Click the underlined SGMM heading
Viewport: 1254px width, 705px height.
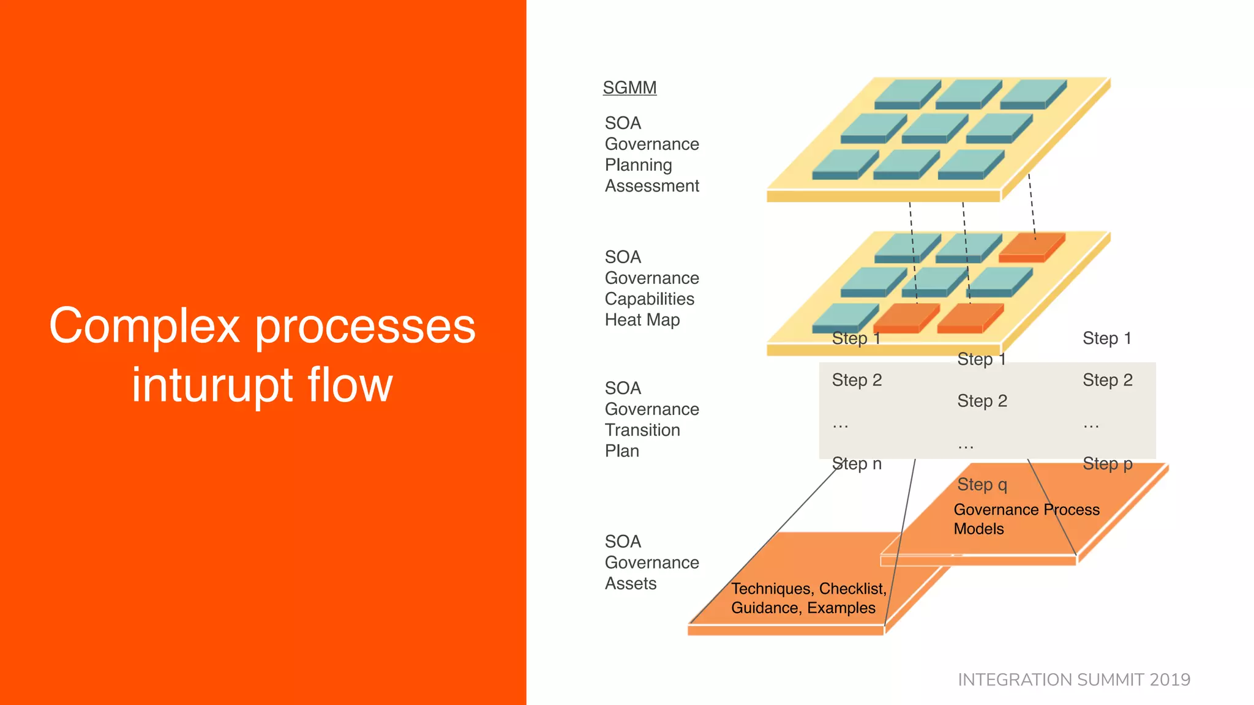pos(629,88)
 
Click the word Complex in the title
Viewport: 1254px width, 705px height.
pos(145,326)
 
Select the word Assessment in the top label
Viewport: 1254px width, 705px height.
pos(651,186)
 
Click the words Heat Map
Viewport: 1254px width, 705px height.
pos(642,320)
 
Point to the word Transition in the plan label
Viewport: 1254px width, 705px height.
pos(642,430)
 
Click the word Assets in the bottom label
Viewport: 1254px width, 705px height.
pos(630,584)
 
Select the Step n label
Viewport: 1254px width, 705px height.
pos(856,464)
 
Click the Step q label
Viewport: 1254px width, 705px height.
pos(982,485)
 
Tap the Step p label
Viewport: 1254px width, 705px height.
pos(1107,464)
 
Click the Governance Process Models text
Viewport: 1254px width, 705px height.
pos(1026,519)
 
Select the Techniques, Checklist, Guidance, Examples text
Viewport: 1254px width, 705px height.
pos(808,598)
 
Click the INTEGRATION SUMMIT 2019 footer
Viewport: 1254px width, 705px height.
pos(1073,680)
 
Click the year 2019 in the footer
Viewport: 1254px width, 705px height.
pos(1170,680)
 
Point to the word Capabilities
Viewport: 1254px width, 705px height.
pos(649,299)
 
